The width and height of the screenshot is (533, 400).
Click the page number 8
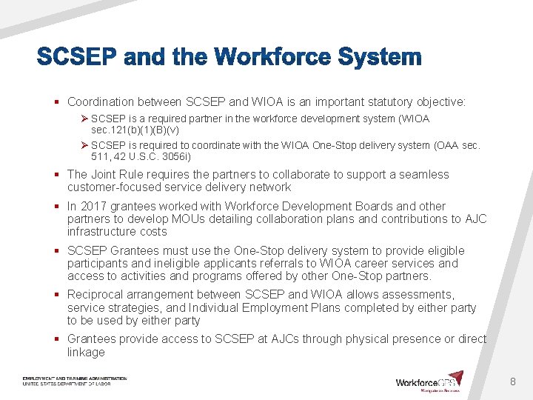[512, 381]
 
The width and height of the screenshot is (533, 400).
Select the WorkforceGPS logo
[429, 382]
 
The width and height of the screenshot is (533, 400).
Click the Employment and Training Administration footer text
[75, 379]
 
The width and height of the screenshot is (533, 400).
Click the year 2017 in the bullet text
[93, 206]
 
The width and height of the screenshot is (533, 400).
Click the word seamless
[423, 174]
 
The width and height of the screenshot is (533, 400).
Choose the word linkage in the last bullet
[86, 352]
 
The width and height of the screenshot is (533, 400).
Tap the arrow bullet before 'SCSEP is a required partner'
[85, 119]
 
